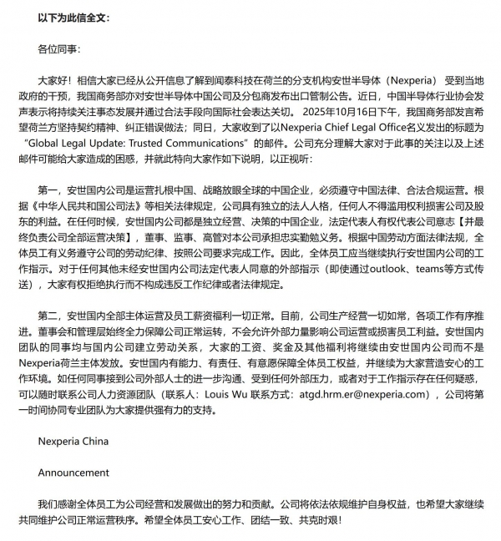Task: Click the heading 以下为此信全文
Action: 72,17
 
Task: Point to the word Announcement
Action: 73,473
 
